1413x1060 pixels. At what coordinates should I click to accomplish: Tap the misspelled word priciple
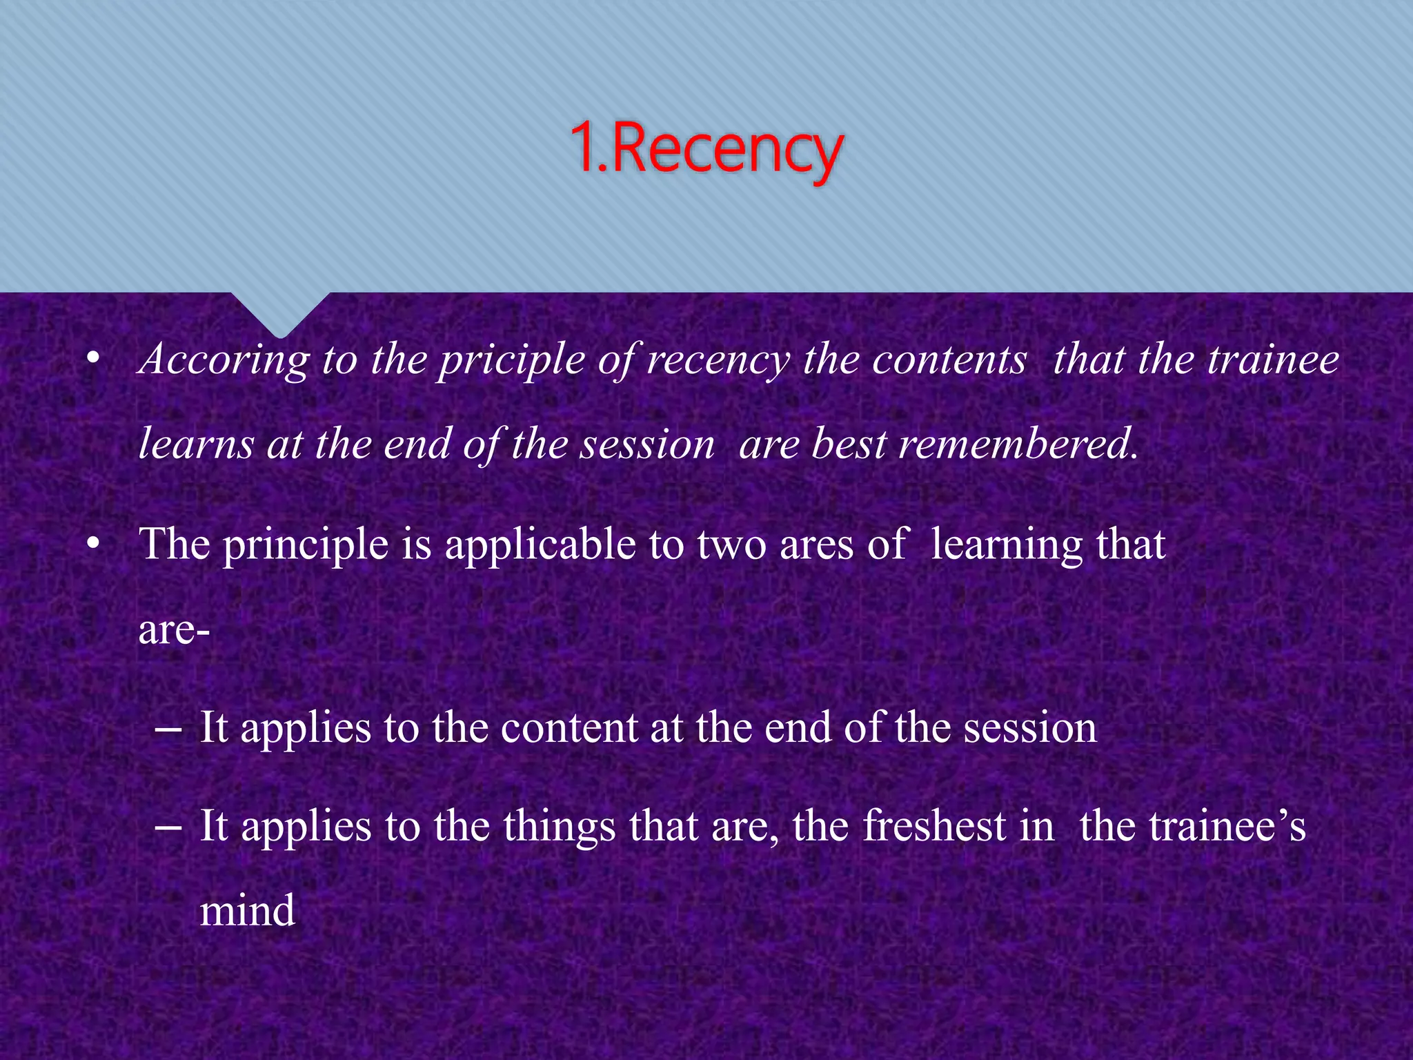click(511, 360)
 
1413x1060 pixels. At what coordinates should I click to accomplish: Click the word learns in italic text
click(197, 444)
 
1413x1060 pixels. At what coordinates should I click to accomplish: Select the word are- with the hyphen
click(174, 630)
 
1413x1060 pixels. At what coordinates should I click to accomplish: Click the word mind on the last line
click(248, 911)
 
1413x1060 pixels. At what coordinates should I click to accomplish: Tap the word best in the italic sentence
click(849, 444)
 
